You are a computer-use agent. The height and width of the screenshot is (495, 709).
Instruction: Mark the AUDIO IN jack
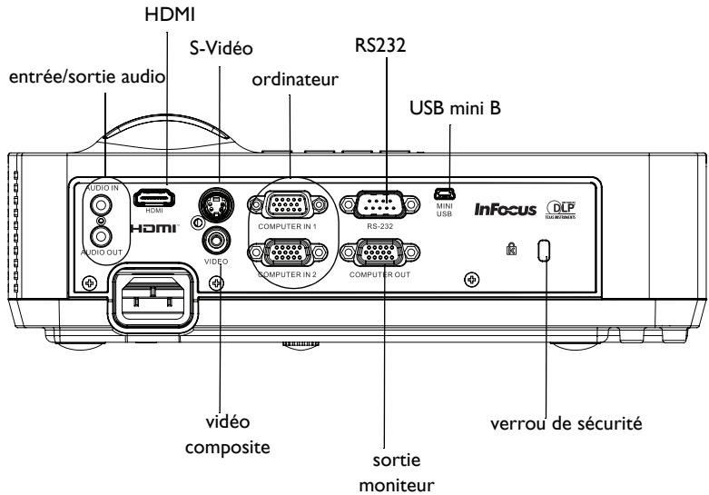tap(97, 203)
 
